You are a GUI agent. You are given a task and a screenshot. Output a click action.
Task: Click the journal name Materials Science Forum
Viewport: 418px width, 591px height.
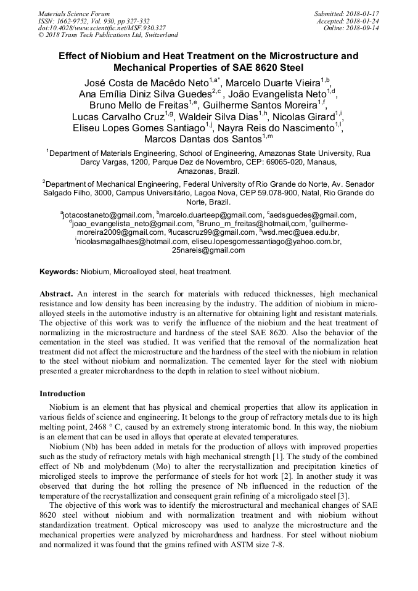pyautogui.click(x=74, y=13)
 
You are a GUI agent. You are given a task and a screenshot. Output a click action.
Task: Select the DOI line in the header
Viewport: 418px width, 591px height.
pyautogui.click(x=102, y=28)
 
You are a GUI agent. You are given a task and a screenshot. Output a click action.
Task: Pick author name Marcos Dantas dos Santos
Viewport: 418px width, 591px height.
pyautogui.click(x=202, y=140)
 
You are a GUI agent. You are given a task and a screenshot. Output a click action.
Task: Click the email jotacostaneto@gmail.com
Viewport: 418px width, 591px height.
pyautogui.click(x=106, y=214)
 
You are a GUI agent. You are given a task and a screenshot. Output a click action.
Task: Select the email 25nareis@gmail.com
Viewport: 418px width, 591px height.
pyautogui.click(x=208, y=250)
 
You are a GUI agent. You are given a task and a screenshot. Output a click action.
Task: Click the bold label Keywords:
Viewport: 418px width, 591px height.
pyautogui.click(x=59, y=272)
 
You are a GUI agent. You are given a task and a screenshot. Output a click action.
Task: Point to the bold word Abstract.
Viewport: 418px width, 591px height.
pyautogui.click(x=56, y=295)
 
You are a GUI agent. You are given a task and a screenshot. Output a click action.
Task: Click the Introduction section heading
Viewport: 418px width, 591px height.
pyautogui.click(x=62, y=394)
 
